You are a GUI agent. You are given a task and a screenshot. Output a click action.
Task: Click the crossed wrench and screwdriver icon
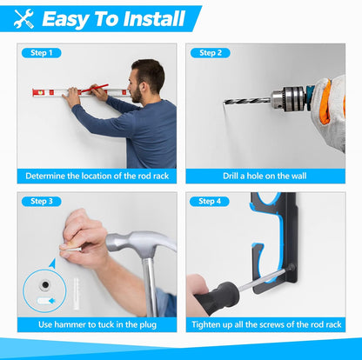pos(24,18)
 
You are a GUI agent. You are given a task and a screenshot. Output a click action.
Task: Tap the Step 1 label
pos(42,53)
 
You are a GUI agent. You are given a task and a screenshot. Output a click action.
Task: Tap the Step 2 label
pos(210,53)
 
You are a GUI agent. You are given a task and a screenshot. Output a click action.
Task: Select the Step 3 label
pos(42,201)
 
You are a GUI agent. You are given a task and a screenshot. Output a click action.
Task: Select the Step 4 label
pos(210,201)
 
